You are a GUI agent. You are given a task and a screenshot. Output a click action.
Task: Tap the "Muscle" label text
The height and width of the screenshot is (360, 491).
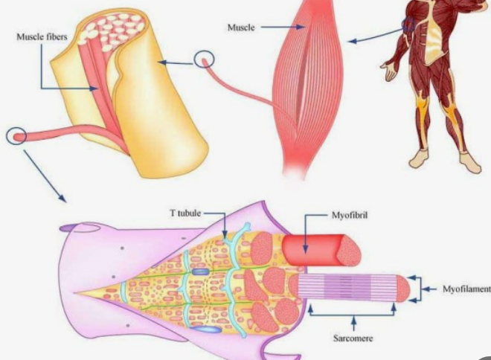[x=242, y=27]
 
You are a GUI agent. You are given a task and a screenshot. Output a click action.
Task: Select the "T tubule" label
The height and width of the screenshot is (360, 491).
[x=182, y=212]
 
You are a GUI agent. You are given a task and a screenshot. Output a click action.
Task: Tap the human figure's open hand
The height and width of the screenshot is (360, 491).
[x=389, y=71]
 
